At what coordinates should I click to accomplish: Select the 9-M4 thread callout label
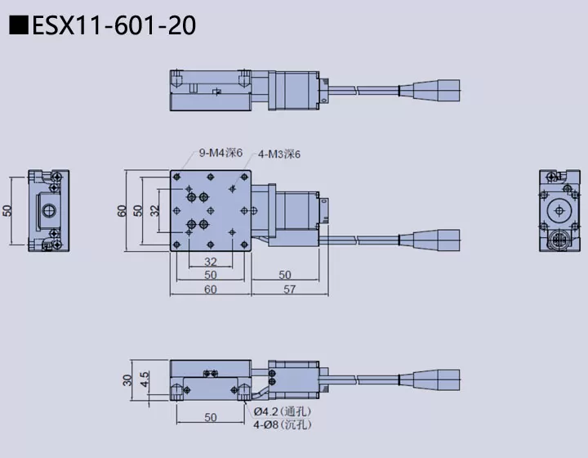tap(220, 151)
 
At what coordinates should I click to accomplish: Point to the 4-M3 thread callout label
tap(280, 153)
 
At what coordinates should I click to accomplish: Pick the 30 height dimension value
tap(127, 380)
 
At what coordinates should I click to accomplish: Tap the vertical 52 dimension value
tap(138, 210)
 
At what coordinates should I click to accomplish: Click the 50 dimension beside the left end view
tap(7, 210)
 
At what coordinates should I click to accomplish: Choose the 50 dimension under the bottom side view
tap(211, 418)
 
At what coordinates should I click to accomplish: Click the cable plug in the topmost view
tap(439, 87)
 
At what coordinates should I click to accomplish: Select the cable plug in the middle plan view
tap(439, 240)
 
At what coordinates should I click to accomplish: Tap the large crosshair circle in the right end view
tap(559, 211)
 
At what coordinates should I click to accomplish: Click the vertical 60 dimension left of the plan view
tap(122, 210)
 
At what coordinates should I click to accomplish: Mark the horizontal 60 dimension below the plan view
tap(211, 290)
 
